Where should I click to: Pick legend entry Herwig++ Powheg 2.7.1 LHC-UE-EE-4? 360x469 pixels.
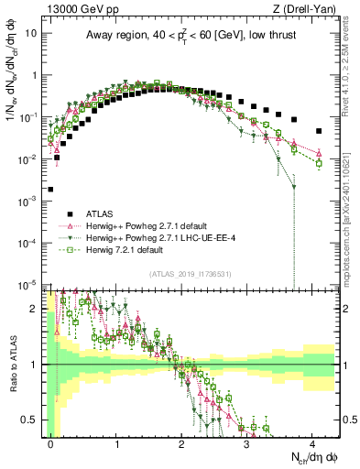pos(156,237)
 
